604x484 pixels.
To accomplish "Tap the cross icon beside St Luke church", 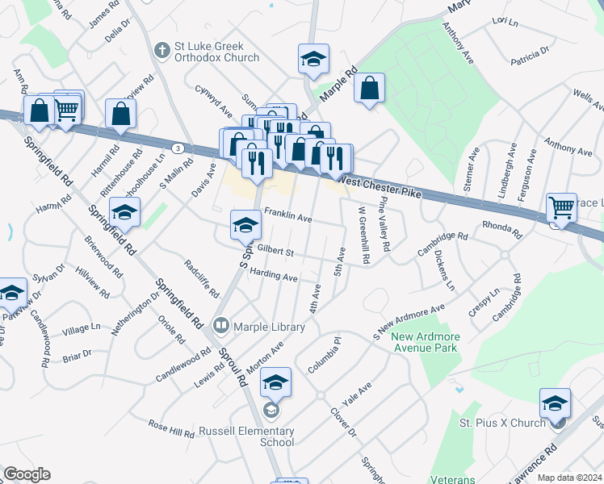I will [x=161, y=51].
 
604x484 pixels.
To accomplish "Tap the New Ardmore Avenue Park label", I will [x=424, y=342].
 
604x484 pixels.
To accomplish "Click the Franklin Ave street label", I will [x=288, y=217].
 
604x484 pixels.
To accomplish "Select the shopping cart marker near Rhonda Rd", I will [x=561, y=207].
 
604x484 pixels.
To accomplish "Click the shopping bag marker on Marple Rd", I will [x=369, y=90].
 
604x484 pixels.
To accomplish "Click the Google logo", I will [x=27, y=474].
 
